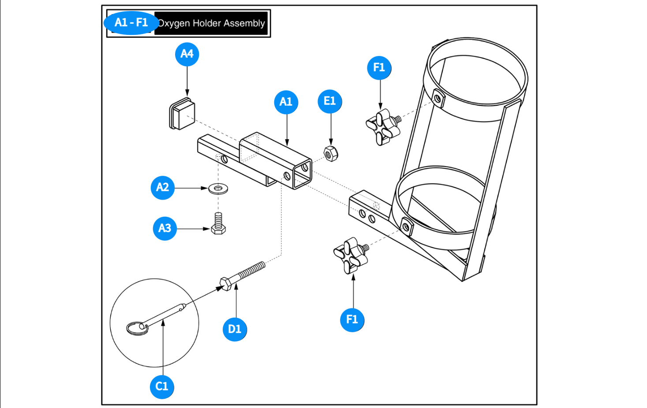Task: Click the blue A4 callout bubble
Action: [187, 54]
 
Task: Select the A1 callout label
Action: [286, 102]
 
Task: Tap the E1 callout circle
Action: [330, 101]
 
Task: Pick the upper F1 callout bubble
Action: [379, 68]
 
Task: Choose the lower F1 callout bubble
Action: [352, 319]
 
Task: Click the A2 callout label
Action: [162, 188]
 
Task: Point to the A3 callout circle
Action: [165, 228]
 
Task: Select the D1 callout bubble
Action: [235, 329]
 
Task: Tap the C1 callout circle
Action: [162, 386]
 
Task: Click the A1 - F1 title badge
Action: [131, 23]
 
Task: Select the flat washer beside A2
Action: [218, 189]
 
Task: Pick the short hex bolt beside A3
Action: [218, 223]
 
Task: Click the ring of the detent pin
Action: [137, 328]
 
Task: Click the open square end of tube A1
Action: [303, 173]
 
